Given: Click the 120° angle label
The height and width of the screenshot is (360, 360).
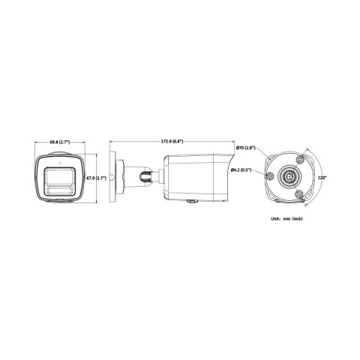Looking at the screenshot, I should pos(322,178).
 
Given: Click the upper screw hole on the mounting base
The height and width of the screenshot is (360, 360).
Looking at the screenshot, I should pos(300,160).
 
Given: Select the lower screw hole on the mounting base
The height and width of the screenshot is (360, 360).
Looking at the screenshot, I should pos(300,193).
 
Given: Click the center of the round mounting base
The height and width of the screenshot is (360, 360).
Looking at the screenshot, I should pos(289,177).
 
